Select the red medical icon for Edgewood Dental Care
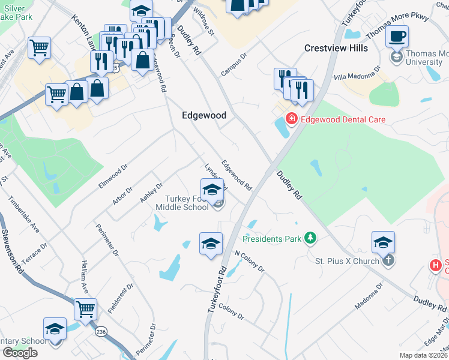pyautogui.click(x=292, y=119)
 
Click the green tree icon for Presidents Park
pyautogui.click(x=310, y=239)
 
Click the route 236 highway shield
pyautogui.click(x=100, y=331)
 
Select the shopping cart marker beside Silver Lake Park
pyautogui.click(x=39, y=47)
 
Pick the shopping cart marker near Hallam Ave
pyautogui.click(x=86, y=310)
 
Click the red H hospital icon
pyautogui.click(x=435, y=265)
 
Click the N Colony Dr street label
pyautogui.click(x=249, y=260)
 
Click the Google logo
pyautogui.click(x=20, y=352)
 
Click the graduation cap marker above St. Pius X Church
pyautogui.click(x=383, y=242)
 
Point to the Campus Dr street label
pyautogui.click(x=234, y=66)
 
